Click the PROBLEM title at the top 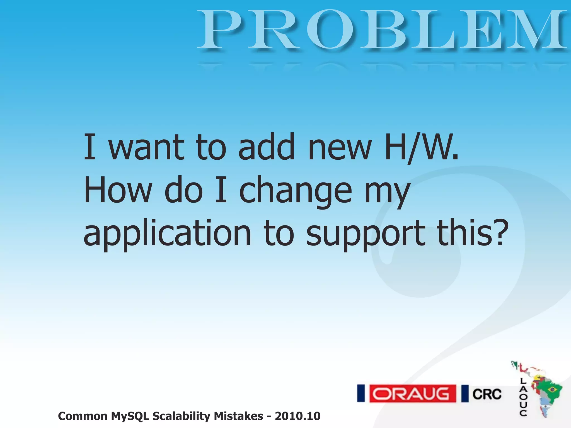tap(382, 30)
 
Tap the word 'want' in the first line tap(146, 148)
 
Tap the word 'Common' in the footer tap(83, 416)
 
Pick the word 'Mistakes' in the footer tap(238, 416)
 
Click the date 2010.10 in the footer tap(297, 416)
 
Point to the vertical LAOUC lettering tap(523, 397)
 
